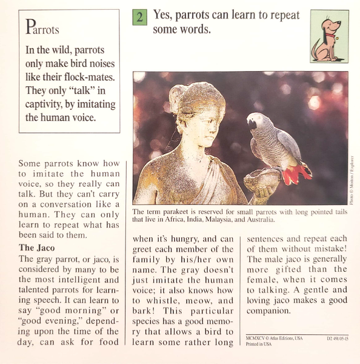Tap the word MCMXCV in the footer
click(258, 338)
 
